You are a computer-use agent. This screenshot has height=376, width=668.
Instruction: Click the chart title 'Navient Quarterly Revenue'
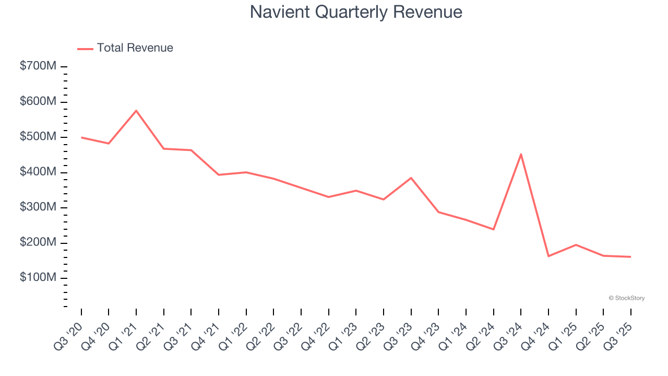click(356, 12)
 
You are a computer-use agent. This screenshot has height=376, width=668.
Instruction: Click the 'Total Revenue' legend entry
click(135, 48)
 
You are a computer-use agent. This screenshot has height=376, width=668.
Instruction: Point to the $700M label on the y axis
click(38, 66)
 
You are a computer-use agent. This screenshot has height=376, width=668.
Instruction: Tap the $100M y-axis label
click(38, 277)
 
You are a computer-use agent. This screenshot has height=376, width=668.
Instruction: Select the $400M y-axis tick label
click(38, 172)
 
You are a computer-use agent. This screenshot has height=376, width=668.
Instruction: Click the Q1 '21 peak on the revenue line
click(136, 111)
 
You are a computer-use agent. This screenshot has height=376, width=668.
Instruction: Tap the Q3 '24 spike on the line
click(521, 154)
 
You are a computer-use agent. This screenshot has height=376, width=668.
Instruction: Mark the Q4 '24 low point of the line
click(548, 256)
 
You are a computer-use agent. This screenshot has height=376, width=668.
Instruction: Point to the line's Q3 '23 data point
click(411, 178)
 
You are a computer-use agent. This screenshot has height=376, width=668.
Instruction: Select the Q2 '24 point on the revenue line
click(493, 229)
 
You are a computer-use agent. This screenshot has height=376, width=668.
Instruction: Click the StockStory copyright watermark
click(626, 298)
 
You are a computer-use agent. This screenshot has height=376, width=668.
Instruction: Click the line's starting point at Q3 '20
click(81, 137)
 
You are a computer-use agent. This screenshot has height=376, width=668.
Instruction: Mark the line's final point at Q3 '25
click(630, 256)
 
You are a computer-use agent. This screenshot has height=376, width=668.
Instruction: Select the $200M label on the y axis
click(38, 242)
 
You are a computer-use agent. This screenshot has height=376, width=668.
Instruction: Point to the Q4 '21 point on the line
click(219, 174)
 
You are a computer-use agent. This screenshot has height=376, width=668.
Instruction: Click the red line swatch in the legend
click(85, 49)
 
